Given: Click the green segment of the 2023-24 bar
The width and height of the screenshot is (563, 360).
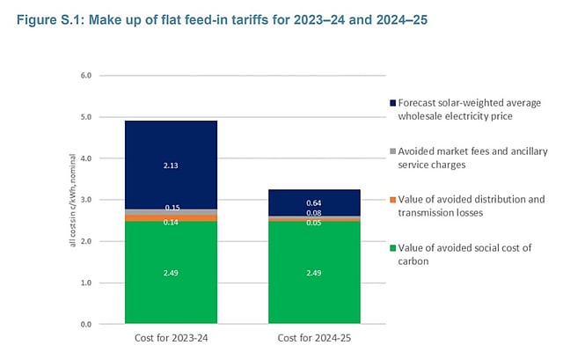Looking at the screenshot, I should tap(171, 290).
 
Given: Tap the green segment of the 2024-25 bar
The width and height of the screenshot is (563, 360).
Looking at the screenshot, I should tap(314, 290).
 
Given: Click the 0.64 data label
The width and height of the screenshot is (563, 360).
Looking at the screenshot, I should tap(314, 202).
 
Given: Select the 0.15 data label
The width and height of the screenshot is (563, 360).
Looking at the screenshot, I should tap(171, 208).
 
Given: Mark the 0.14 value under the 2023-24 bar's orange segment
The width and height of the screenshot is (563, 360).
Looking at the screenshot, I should tap(171, 223).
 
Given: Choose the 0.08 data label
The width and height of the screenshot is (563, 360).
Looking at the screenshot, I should tap(314, 212).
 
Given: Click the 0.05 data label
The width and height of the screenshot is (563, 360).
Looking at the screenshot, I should tap(314, 224).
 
